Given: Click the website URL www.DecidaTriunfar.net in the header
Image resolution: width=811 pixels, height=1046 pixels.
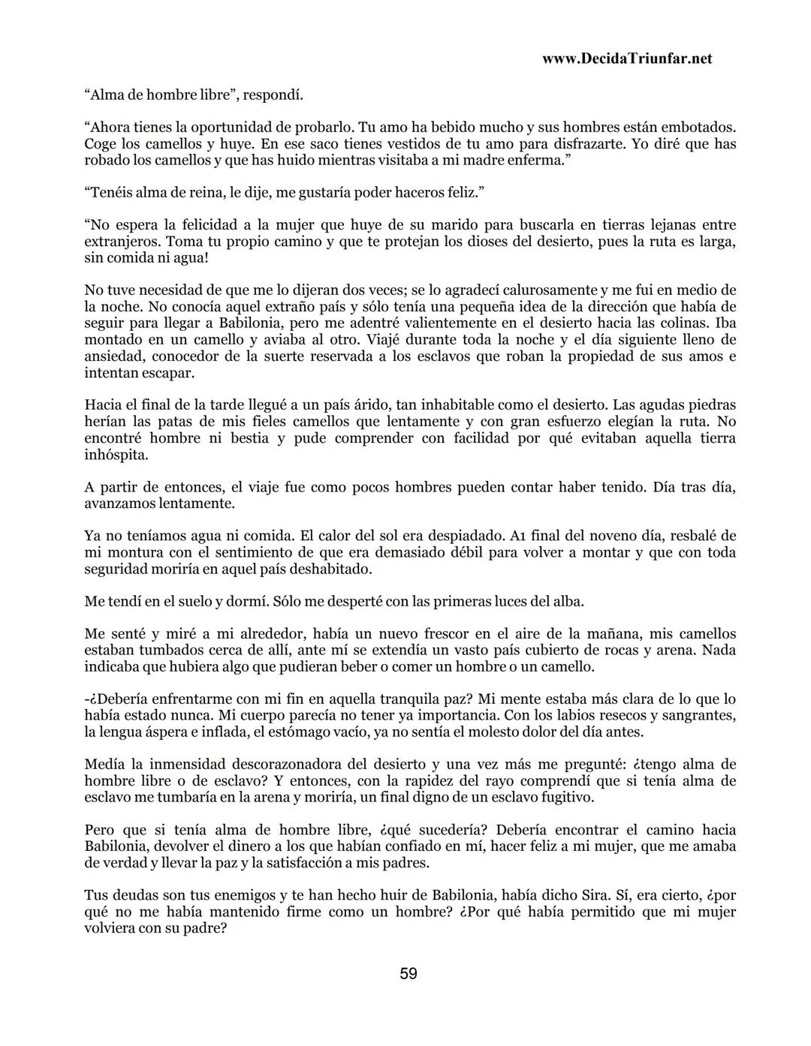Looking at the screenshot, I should tap(626, 59).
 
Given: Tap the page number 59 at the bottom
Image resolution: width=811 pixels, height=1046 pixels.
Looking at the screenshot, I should tap(409, 973).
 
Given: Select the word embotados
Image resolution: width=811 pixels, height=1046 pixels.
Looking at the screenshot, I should tap(699, 128).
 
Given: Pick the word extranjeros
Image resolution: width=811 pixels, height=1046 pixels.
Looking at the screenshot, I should tap(122, 242).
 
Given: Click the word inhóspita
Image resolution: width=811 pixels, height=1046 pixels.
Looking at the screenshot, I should tap(116, 455).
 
